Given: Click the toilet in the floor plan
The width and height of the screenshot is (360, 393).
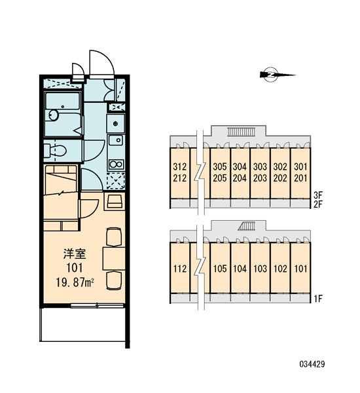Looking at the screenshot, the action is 55,151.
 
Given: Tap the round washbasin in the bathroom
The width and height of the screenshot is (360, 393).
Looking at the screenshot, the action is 54,115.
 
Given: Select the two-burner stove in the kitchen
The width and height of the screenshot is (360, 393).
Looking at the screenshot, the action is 116,164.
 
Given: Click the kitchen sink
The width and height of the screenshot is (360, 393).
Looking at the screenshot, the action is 116,140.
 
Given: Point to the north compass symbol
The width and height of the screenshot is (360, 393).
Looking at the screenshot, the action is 277,75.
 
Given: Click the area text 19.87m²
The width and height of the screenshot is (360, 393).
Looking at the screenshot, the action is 75,283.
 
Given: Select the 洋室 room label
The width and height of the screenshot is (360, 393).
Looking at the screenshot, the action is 75,254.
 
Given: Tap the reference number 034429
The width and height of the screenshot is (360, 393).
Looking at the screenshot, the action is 312,364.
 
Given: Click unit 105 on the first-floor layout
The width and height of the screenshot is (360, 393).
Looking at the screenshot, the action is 220,269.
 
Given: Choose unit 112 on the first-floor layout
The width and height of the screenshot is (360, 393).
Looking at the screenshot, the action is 180,269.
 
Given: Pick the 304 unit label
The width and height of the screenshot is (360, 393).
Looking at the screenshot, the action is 240,166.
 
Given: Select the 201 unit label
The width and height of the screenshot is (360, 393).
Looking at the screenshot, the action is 300,178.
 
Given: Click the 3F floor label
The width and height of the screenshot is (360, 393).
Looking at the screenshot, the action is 318,195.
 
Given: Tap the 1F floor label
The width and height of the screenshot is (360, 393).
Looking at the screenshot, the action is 318,299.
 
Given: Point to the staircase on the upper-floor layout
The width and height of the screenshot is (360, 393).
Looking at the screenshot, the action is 241,132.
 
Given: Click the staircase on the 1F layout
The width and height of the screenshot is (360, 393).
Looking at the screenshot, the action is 247,226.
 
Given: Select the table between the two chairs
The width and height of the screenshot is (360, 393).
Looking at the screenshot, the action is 114,259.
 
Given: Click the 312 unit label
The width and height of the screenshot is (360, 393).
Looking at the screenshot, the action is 180,166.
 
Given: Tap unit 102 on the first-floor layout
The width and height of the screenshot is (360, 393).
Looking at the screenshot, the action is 280,269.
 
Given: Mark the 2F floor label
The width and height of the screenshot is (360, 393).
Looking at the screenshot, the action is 318,205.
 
